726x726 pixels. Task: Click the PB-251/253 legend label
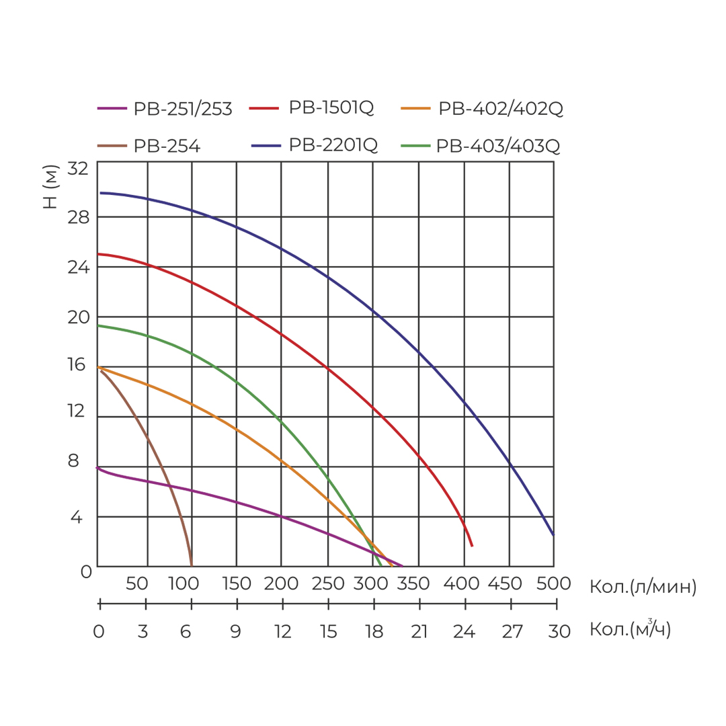(183, 108)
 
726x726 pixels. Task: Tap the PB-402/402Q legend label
(500, 108)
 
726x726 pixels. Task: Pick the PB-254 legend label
(167, 146)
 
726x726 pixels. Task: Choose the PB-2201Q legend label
(333, 145)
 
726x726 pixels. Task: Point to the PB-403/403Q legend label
(498, 146)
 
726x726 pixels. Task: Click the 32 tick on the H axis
(78, 168)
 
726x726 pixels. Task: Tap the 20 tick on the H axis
(78, 317)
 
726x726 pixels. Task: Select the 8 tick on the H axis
(73, 461)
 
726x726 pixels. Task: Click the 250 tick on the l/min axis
(329, 583)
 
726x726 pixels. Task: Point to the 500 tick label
(554, 583)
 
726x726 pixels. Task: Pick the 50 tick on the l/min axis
(137, 583)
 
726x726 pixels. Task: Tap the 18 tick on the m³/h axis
(374, 632)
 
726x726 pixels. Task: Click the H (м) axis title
(50, 186)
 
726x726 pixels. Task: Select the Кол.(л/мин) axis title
(643, 587)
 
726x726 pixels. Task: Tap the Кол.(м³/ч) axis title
(630, 629)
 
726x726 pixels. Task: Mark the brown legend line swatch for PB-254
(112, 145)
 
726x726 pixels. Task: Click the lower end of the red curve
(472, 545)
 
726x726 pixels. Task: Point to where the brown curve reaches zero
(192, 565)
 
